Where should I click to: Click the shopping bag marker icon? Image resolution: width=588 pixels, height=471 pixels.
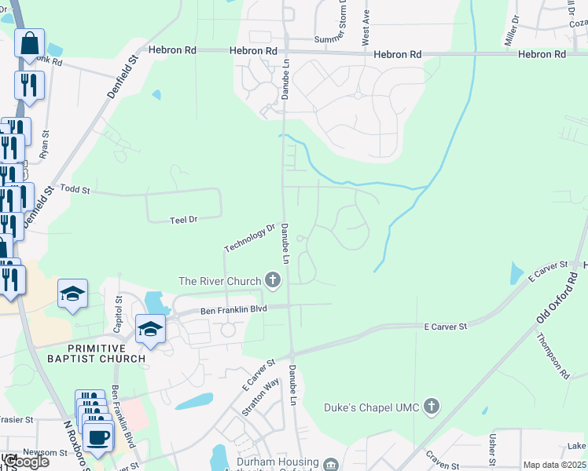tap(29, 45)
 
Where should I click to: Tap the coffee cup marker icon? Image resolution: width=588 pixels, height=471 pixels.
tap(98, 436)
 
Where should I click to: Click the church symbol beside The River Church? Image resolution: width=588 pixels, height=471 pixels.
tap(273, 279)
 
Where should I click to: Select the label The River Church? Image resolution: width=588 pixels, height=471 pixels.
tap(220, 281)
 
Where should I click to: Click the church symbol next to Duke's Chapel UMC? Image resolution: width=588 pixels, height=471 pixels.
tap(430, 406)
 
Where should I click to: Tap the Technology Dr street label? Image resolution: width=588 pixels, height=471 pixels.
tap(249, 238)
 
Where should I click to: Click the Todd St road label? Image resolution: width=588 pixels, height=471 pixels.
tap(75, 191)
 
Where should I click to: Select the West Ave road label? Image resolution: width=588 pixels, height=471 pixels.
tap(366, 27)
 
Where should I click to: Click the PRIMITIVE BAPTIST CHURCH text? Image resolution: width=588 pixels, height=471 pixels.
tap(107, 353)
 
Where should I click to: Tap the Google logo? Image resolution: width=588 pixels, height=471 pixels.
tap(25, 462)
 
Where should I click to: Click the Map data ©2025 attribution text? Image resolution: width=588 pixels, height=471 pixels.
tap(554, 466)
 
